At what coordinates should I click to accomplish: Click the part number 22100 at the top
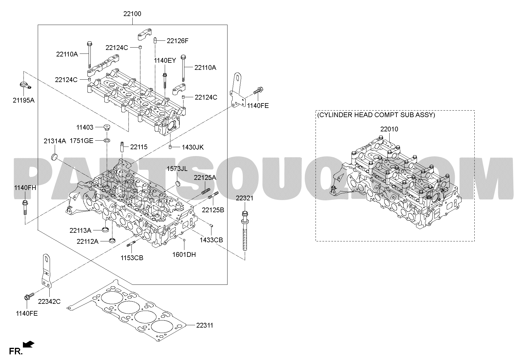coord(132,14)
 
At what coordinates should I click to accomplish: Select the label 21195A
coord(23,100)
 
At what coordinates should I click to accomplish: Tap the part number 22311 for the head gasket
coord(205,325)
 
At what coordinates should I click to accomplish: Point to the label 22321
coord(244,198)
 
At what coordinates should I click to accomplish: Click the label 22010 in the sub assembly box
coord(389,129)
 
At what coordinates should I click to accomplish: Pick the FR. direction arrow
coord(29,345)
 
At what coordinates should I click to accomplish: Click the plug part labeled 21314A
coord(54,157)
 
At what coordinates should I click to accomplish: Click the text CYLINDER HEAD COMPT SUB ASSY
coord(376,115)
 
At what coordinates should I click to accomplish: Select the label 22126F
coord(178,41)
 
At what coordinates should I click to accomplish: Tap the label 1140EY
coord(165,61)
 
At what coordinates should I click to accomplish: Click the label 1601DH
coord(184,254)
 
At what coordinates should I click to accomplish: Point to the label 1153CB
coord(132,258)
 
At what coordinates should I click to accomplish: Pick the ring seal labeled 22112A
coord(113,240)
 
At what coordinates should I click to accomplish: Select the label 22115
coord(139,147)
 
